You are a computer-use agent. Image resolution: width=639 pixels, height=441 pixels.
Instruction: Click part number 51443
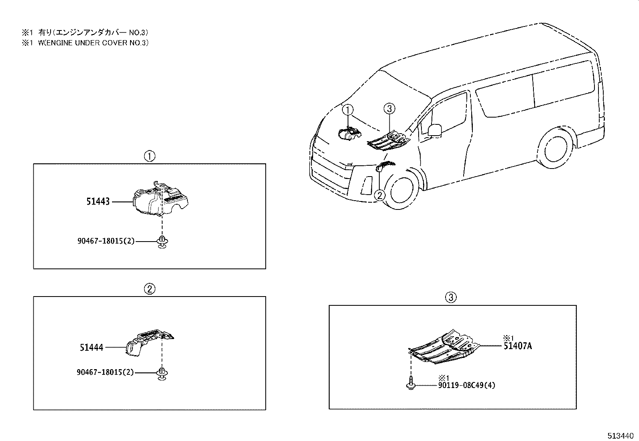coord(98,201)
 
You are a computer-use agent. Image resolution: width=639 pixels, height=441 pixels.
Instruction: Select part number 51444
coord(92,348)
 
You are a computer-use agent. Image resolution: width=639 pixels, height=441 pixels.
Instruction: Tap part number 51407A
coord(517,346)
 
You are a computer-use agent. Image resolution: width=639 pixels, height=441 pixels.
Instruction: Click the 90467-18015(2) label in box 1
coord(106,241)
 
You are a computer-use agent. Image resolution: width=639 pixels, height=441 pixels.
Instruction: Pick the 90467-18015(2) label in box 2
coord(105,372)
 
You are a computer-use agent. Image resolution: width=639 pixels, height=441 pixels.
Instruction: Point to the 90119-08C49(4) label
coord(466,385)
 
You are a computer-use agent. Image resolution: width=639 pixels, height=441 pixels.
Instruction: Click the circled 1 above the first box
coord(149,156)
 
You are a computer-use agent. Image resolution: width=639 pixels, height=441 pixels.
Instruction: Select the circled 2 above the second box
coord(149,289)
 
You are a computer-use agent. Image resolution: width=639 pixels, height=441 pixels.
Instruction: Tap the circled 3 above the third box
coord(451,297)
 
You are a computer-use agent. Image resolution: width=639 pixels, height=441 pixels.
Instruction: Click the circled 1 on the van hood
coord(348,110)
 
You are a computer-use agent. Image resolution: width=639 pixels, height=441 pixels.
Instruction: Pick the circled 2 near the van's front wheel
coord(379,195)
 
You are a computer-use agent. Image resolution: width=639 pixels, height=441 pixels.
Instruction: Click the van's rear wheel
coord(556,149)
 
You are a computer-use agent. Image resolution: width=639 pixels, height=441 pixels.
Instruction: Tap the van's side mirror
coord(434,130)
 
